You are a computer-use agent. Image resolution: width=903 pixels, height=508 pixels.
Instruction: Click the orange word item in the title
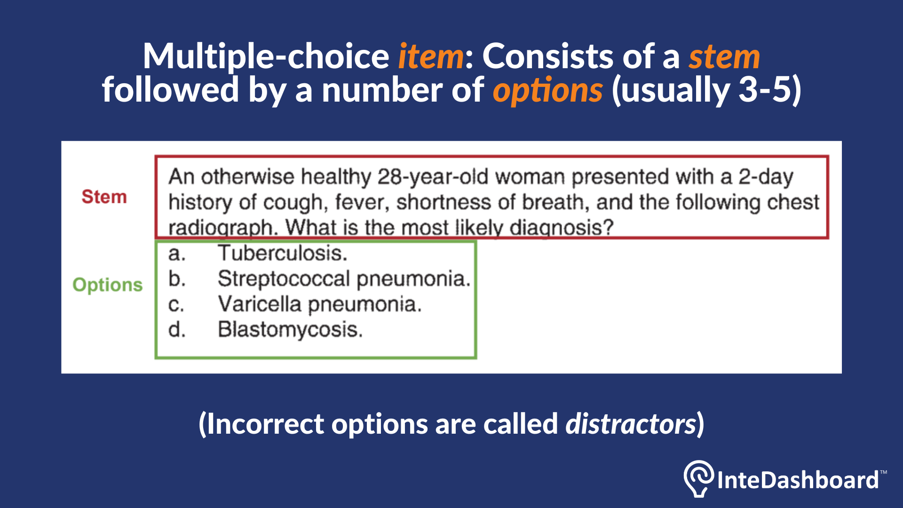(431, 56)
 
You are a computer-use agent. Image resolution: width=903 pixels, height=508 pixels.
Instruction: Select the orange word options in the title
(547, 90)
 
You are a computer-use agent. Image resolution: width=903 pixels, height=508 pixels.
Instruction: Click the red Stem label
(104, 197)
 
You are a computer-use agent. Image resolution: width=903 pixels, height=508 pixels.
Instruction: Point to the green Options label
(107, 285)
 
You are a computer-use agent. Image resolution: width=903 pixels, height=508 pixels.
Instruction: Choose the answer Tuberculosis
(283, 253)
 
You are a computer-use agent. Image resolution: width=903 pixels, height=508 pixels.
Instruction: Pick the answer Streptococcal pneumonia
(344, 278)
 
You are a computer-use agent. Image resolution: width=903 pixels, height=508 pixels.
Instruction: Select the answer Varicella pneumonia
(319, 304)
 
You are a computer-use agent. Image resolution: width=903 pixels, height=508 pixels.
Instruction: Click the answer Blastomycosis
(290, 329)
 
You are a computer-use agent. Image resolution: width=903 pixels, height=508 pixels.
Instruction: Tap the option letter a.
(177, 254)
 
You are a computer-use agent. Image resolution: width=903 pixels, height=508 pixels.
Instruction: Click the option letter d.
(177, 329)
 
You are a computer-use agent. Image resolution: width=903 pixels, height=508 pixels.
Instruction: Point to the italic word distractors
(630, 424)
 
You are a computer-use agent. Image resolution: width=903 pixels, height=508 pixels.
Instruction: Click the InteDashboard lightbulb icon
(698, 478)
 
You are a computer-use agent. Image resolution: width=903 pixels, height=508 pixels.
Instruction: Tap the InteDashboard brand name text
(798, 480)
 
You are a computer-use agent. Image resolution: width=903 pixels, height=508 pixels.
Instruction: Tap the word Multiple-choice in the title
(266, 56)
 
